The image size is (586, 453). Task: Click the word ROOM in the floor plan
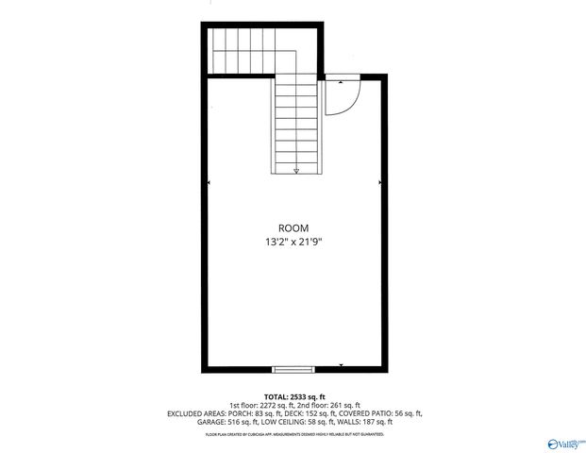(x=293, y=227)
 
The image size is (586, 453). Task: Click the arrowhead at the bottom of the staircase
(x=295, y=171)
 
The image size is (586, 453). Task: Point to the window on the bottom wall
(x=293, y=368)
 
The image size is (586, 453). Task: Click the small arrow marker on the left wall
(x=209, y=182)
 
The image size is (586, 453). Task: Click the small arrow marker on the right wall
(x=378, y=182)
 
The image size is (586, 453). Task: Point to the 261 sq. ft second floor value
(x=343, y=404)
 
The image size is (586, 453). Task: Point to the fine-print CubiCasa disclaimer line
(x=293, y=433)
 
